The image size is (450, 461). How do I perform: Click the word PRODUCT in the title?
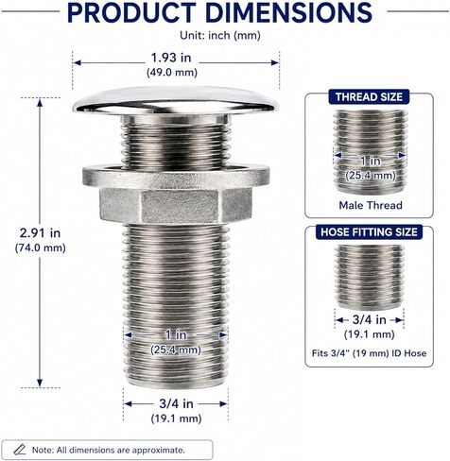131,12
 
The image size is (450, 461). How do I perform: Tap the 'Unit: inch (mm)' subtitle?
220,35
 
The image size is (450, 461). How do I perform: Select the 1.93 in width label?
171,58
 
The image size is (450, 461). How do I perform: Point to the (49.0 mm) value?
172,73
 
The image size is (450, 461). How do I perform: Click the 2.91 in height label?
40,233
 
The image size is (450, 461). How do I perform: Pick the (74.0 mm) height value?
41,248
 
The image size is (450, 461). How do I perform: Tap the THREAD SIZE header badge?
369,97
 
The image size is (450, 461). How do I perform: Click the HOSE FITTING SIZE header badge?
369,232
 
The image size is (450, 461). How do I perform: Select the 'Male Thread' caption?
371,205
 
